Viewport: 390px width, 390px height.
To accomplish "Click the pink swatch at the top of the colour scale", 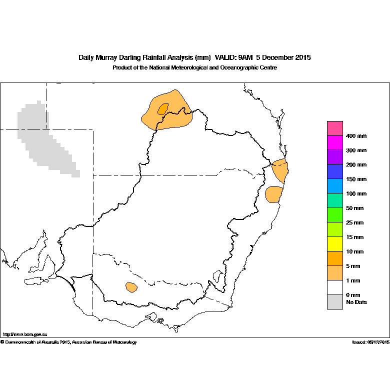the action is coord(335,128).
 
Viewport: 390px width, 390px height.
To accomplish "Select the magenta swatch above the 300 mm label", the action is coord(335,142).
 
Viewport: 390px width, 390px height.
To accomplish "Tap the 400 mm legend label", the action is coord(356,136).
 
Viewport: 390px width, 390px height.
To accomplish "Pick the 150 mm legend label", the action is coord(356,179).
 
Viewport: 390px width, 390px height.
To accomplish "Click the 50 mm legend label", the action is coord(354,208).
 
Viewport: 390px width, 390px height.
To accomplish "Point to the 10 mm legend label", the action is coord(354,251).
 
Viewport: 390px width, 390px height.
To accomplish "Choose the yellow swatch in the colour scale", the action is coord(335,244).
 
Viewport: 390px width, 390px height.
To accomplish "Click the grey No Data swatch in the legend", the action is coord(335,302).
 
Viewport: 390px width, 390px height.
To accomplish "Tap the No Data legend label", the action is coord(356,302).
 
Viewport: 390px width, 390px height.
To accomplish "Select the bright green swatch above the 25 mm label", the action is coord(335,215).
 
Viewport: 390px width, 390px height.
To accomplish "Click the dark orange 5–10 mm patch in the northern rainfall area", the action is coord(163,109).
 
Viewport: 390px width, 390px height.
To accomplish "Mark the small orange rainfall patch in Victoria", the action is coord(131,287).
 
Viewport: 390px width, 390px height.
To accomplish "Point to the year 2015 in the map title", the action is coord(303,57).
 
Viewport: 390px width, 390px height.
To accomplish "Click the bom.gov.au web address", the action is coord(25,334).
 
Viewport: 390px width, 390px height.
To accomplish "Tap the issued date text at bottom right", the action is coord(371,342).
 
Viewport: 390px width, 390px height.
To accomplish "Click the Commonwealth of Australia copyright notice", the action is coord(68,342).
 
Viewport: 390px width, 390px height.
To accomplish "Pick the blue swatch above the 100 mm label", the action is coord(335,186).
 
